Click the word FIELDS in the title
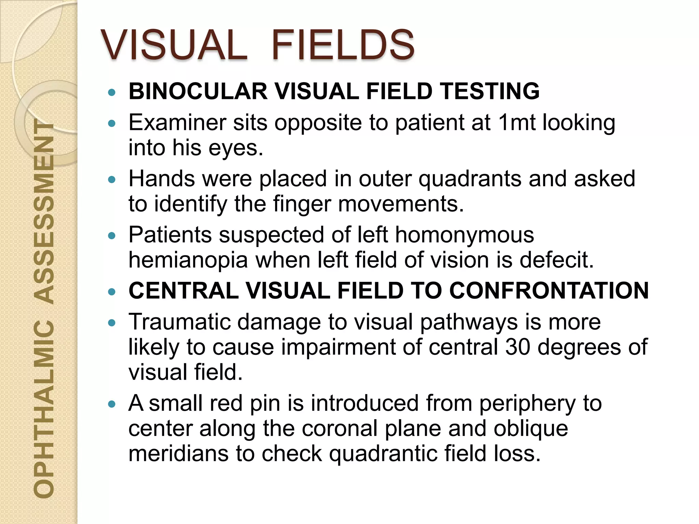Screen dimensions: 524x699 click(x=343, y=45)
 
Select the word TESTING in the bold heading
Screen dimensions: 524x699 click(x=490, y=91)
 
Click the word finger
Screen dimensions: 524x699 click(x=302, y=204)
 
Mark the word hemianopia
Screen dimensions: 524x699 click(x=188, y=260)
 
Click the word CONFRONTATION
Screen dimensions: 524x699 click(x=549, y=291)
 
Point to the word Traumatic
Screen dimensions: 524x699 click(x=179, y=322)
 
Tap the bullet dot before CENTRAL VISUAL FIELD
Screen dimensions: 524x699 click(x=112, y=292)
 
